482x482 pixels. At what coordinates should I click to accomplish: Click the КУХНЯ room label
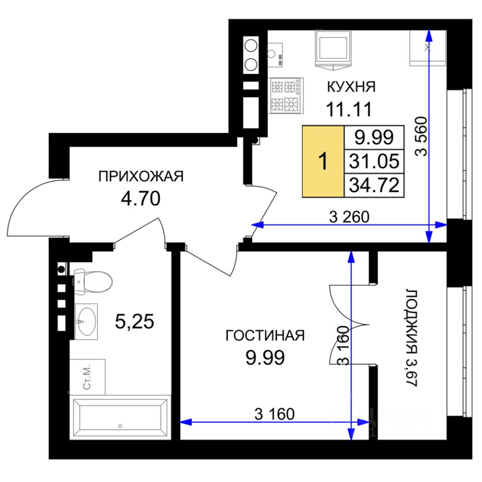pos(351,87)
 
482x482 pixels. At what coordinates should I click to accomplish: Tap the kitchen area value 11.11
pos(349,109)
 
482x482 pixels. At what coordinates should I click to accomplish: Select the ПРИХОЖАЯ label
pos(141,176)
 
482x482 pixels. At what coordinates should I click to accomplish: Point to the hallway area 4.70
pos(141,198)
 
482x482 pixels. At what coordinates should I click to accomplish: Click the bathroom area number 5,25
pos(135,321)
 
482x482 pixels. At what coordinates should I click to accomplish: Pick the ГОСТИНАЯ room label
pos(265,336)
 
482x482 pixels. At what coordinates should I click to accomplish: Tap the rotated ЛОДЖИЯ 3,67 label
pos(411,337)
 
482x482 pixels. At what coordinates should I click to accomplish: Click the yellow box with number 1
pos(323,161)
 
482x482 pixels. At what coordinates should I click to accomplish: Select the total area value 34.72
pos(374,185)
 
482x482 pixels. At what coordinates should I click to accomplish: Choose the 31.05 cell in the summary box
pos(374,161)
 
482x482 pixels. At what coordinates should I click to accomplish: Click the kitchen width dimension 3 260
pos(349,217)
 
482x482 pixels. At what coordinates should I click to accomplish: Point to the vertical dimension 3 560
pos(421,136)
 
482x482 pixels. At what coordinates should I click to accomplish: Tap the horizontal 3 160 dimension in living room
pos(275,414)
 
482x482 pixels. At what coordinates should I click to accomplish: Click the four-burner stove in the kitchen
pos(286,95)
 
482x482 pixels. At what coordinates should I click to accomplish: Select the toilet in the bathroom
pos(93,282)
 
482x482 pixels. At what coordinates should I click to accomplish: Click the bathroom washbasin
pos(86,321)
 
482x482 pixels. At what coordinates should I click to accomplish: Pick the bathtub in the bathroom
pos(120,417)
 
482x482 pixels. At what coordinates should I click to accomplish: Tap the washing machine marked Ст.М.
pos(87,377)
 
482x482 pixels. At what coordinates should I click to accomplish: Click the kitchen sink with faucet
pos(274,55)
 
